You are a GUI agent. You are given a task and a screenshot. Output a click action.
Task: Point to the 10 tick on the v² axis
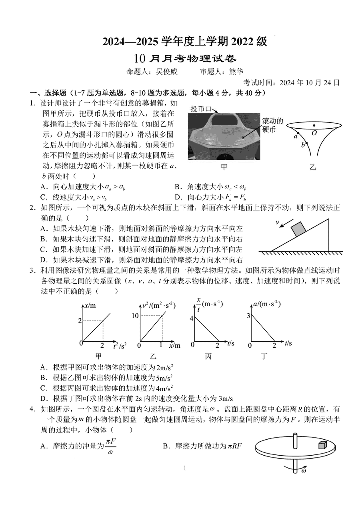[134, 316]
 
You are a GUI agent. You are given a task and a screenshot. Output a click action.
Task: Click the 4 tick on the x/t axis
[191, 318]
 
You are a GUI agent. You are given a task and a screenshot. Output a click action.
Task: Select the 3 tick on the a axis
[248, 316]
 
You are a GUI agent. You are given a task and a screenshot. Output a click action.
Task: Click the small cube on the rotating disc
[322, 445]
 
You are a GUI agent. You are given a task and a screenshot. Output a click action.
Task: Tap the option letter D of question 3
[43, 398]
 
